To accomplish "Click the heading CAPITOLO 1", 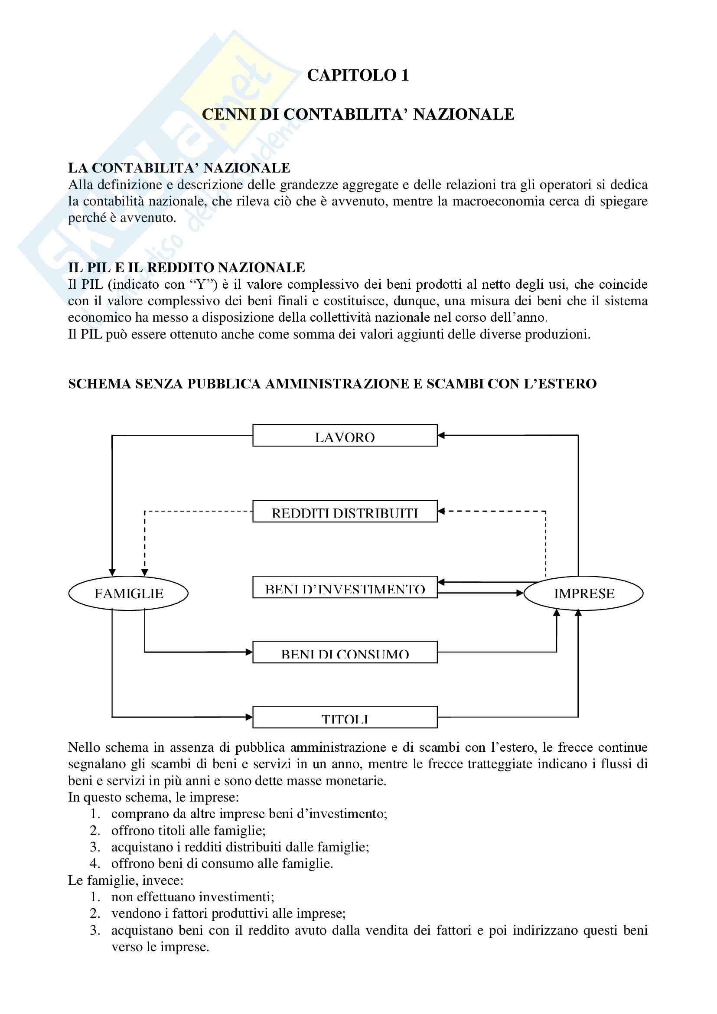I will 358,75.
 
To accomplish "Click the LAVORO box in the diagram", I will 345,435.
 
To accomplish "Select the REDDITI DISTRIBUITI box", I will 345,512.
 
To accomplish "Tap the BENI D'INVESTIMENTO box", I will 345,587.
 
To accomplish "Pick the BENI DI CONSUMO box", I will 345,652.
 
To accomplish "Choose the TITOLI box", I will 345,717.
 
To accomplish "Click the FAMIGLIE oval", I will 128,593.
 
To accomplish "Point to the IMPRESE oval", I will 583,593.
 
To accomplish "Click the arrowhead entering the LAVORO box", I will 441,435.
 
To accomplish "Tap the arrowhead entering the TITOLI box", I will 249,717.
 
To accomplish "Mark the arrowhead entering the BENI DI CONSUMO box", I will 249,652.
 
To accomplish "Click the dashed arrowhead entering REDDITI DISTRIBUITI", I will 441,512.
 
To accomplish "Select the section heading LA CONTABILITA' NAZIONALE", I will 179,168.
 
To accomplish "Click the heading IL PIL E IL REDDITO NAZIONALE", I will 186,267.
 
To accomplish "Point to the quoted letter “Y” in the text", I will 204,284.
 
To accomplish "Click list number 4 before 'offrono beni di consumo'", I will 95,864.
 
